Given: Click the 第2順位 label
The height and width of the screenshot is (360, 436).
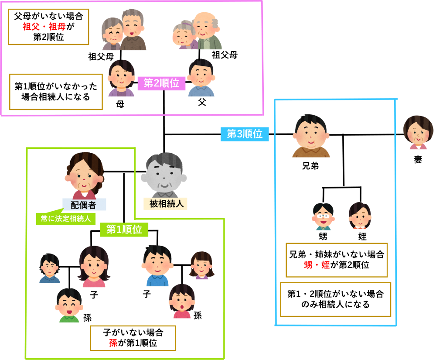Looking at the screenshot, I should [161, 83].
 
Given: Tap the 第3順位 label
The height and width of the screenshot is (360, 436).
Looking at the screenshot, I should [245, 134].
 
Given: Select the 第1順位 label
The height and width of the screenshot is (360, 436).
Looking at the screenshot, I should [124, 230].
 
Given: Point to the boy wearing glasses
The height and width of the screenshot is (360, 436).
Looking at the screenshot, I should [323, 216].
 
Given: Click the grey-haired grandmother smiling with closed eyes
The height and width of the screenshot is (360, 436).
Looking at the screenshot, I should [112, 35].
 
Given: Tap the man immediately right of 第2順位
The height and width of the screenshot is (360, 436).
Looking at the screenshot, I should [201, 83].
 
